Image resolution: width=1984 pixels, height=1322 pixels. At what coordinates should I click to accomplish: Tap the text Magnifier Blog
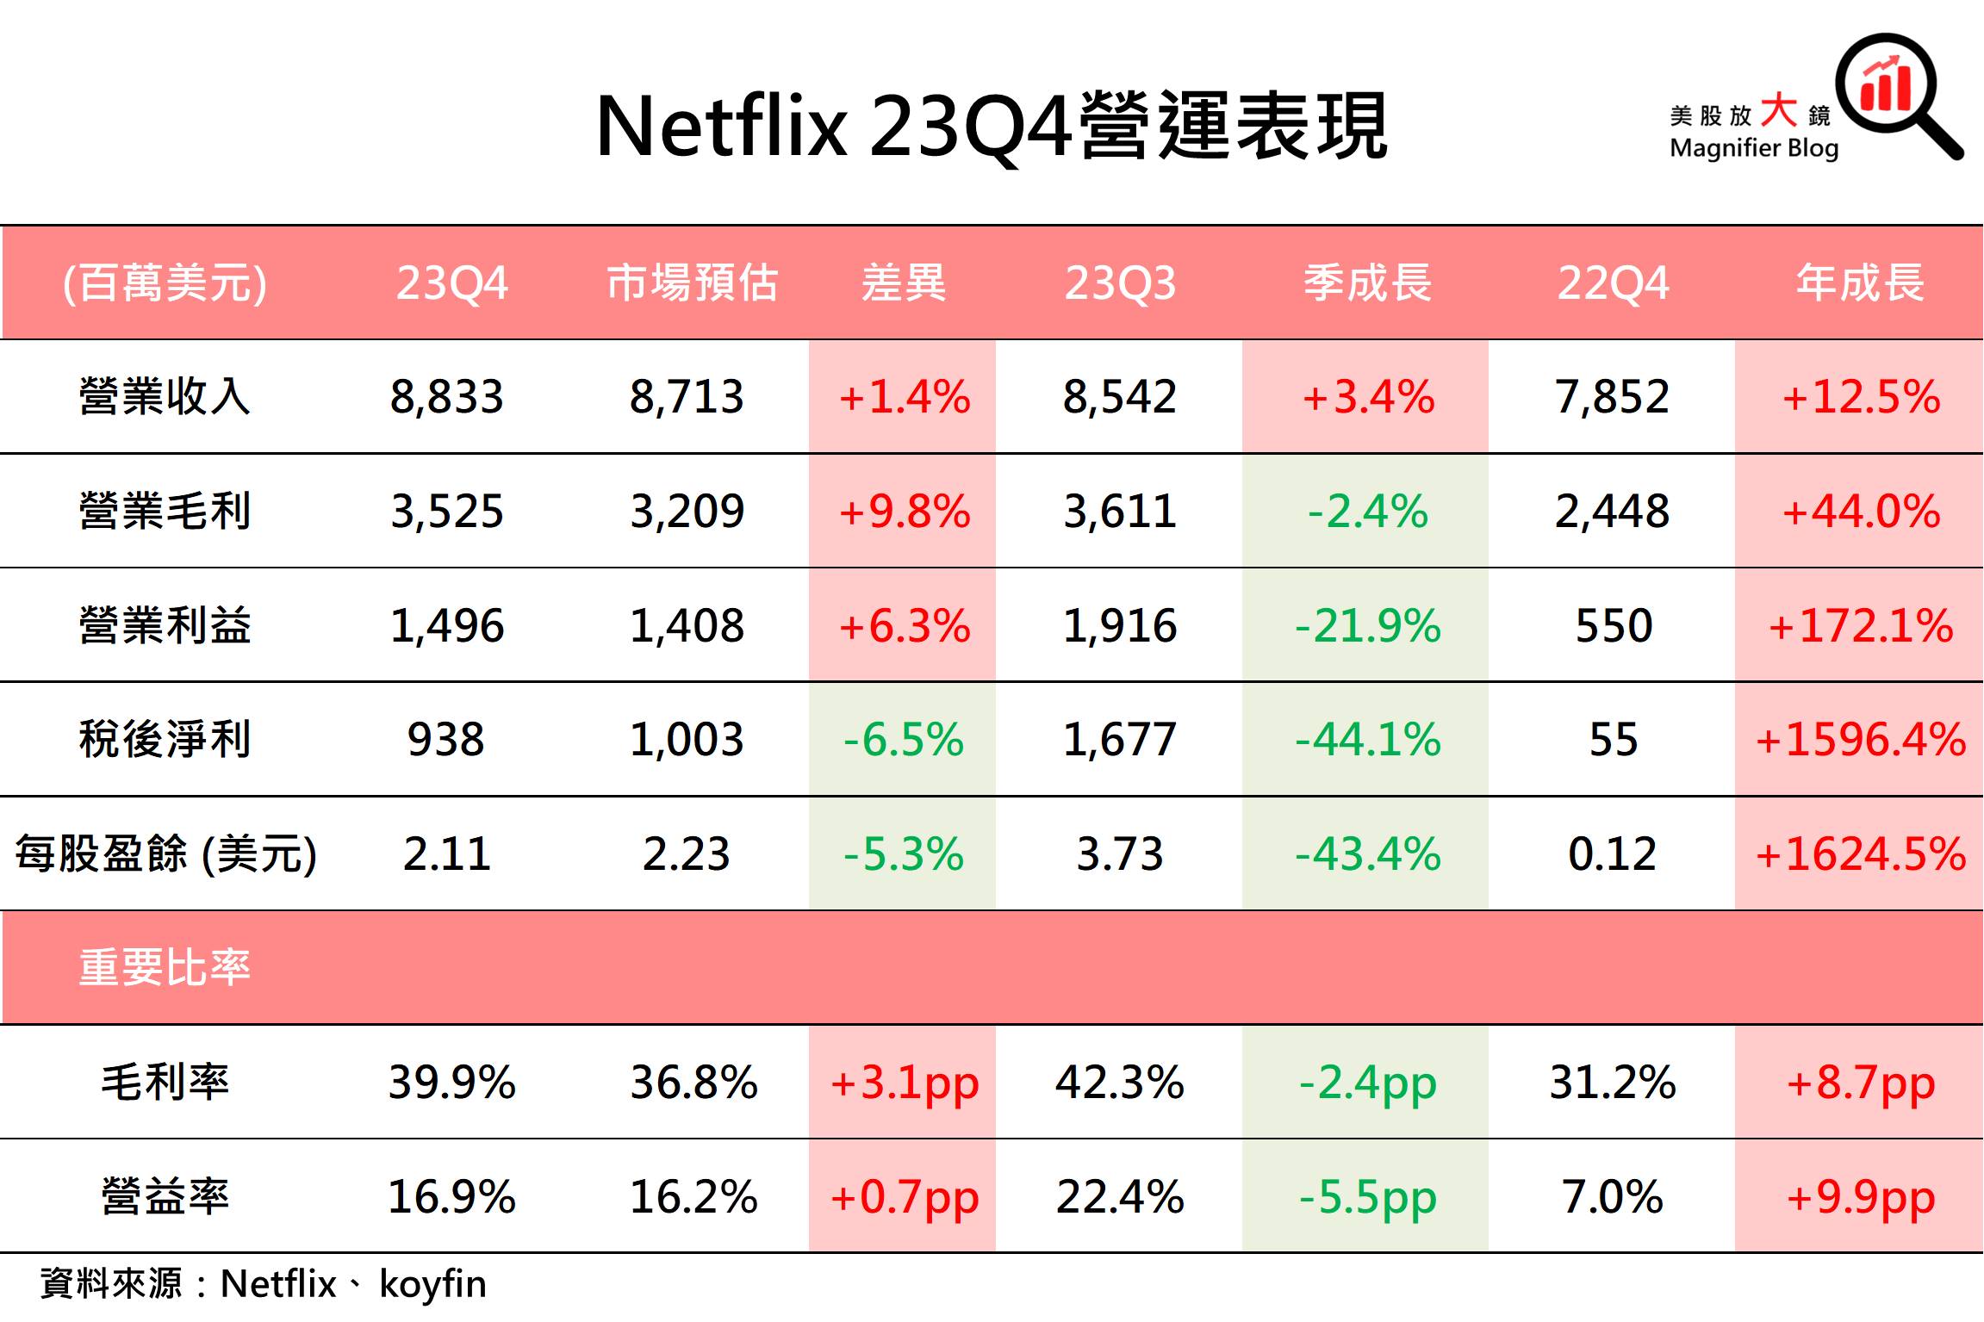tap(1753, 148)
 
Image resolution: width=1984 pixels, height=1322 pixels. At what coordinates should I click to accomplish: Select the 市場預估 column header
tap(692, 282)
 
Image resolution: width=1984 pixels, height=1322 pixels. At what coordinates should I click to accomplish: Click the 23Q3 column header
tap(1119, 282)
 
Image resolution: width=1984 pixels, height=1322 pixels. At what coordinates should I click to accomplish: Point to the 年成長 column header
tap(1860, 282)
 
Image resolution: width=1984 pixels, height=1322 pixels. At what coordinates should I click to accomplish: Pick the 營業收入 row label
tap(165, 397)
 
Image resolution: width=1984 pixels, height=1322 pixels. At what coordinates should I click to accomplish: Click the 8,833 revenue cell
tap(446, 397)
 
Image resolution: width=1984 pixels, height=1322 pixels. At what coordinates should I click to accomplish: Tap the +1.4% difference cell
tap(904, 397)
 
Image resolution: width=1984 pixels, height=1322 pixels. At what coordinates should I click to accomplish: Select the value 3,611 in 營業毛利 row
tap(1119, 511)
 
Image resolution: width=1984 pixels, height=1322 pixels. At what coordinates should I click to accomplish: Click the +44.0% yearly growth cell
tap(1860, 511)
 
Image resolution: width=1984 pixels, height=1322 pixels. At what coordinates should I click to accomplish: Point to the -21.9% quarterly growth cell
tap(1367, 625)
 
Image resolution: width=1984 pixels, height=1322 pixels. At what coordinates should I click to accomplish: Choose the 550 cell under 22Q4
tap(1613, 625)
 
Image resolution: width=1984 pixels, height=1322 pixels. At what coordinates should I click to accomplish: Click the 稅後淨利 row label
tap(165, 739)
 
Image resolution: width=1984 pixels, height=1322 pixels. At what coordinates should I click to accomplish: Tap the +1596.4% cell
tap(1860, 739)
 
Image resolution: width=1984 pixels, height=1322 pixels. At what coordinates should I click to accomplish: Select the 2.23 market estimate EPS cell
tap(687, 853)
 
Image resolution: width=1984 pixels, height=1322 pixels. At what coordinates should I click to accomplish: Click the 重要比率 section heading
tap(165, 967)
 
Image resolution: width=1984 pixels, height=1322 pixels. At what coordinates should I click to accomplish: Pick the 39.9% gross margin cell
tap(451, 1082)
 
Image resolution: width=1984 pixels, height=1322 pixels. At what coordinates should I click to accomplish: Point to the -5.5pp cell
tap(1367, 1196)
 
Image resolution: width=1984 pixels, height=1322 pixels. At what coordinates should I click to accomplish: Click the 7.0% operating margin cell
tap(1613, 1196)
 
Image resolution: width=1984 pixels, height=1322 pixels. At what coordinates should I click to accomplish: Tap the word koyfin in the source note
tap(432, 1284)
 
